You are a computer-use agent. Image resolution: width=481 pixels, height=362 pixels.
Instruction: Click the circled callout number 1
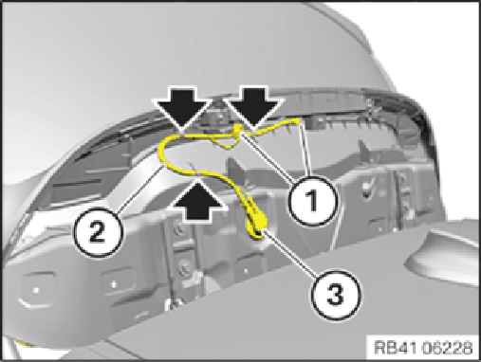pyautogui.click(x=312, y=201)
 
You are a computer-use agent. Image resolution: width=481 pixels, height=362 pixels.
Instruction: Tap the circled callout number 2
pyautogui.click(x=98, y=233)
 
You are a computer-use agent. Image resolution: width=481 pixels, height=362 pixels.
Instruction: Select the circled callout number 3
pyautogui.click(x=336, y=296)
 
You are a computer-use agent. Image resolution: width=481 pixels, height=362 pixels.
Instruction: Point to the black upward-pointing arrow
pyautogui.click(x=198, y=199)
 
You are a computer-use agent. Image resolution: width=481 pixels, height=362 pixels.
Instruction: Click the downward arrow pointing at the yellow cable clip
pyautogui.click(x=253, y=108)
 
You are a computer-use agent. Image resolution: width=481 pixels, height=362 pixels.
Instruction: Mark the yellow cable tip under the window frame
pyautogui.click(x=297, y=120)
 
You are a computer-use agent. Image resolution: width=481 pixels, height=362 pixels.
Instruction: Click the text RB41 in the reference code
pyautogui.click(x=397, y=348)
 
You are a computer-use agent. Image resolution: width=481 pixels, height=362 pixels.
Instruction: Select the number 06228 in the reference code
pyautogui.click(x=448, y=348)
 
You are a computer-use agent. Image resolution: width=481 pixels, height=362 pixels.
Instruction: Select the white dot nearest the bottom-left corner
pyautogui.click(x=36, y=289)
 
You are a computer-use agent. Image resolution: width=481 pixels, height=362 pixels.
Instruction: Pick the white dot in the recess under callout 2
pyautogui.click(x=114, y=284)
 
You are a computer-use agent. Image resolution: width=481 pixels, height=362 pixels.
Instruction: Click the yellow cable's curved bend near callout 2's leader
pyautogui.click(x=162, y=152)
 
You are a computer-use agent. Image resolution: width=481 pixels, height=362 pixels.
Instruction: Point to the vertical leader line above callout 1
pyautogui.click(x=305, y=149)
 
